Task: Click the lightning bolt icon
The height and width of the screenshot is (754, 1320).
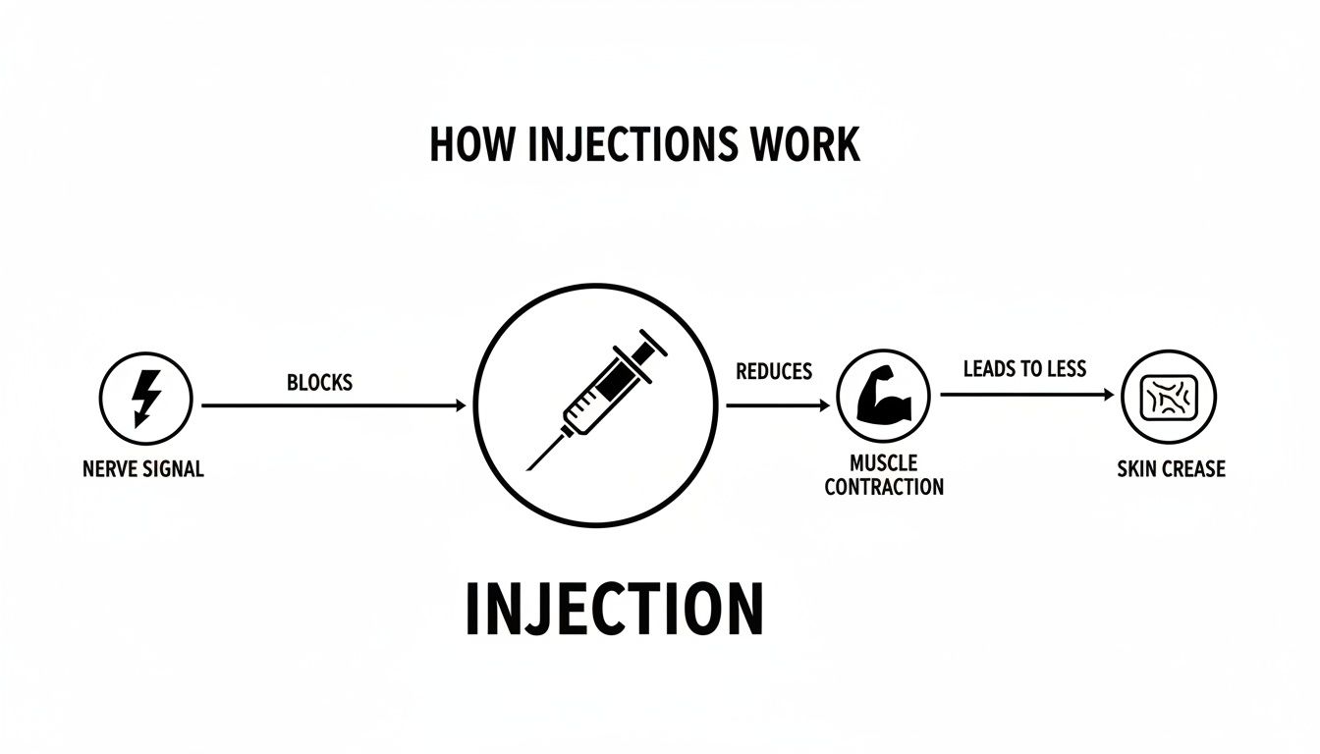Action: pyautogui.click(x=146, y=398)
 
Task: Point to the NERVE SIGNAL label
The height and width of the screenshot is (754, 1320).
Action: pyautogui.click(x=143, y=469)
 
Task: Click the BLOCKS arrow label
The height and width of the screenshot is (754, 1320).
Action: pyautogui.click(x=319, y=382)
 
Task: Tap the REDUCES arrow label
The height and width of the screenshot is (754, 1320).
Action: pyautogui.click(x=774, y=371)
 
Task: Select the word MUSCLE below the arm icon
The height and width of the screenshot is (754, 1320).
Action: pyautogui.click(x=884, y=463)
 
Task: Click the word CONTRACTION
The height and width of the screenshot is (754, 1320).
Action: pyautogui.click(x=884, y=487)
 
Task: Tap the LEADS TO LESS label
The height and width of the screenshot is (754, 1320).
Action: pyautogui.click(x=1024, y=369)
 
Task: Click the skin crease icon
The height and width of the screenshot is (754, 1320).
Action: pyautogui.click(x=1169, y=397)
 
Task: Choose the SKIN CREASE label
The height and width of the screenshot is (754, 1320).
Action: pyautogui.click(x=1171, y=469)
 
